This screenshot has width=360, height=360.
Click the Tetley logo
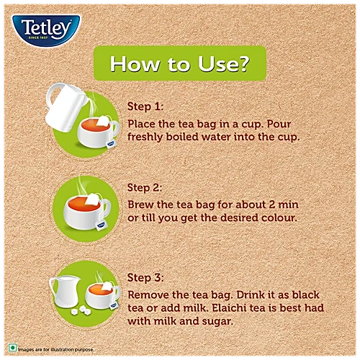pyautogui.click(x=46, y=30)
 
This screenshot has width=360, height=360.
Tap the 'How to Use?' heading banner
pyautogui.click(x=180, y=63)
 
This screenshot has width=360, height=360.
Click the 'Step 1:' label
pyautogui.click(x=145, y=107)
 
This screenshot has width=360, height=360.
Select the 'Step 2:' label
pyautogui.click(x=145, y=188)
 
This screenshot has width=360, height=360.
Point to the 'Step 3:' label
pyautogui.click(x=145, y=278)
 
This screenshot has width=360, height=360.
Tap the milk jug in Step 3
pyautogui.click(x=65, y=291)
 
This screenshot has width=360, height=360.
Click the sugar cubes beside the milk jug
pyautogui.click(x=81, y=310)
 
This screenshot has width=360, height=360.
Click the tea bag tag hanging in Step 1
pyautogui.click(x=111, y=144)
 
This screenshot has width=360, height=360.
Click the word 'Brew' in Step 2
pyautogui.click(x=140, y=204)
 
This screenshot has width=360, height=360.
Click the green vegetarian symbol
pyautogui.click(x=12, y=348)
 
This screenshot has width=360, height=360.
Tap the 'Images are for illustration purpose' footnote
pyautogui.click(x=56, y=349)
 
